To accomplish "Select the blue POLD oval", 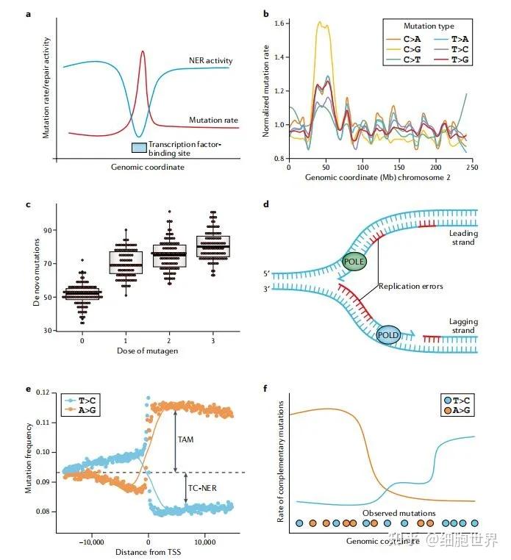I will [387, 334].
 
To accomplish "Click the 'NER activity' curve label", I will [209, 60].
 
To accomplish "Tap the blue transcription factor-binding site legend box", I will [138, 148].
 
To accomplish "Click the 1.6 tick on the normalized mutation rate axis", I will [276, 24].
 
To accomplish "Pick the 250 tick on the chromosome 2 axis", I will [472, 168].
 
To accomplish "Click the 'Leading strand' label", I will [463, 237].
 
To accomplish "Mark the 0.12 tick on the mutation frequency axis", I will [50, 392].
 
